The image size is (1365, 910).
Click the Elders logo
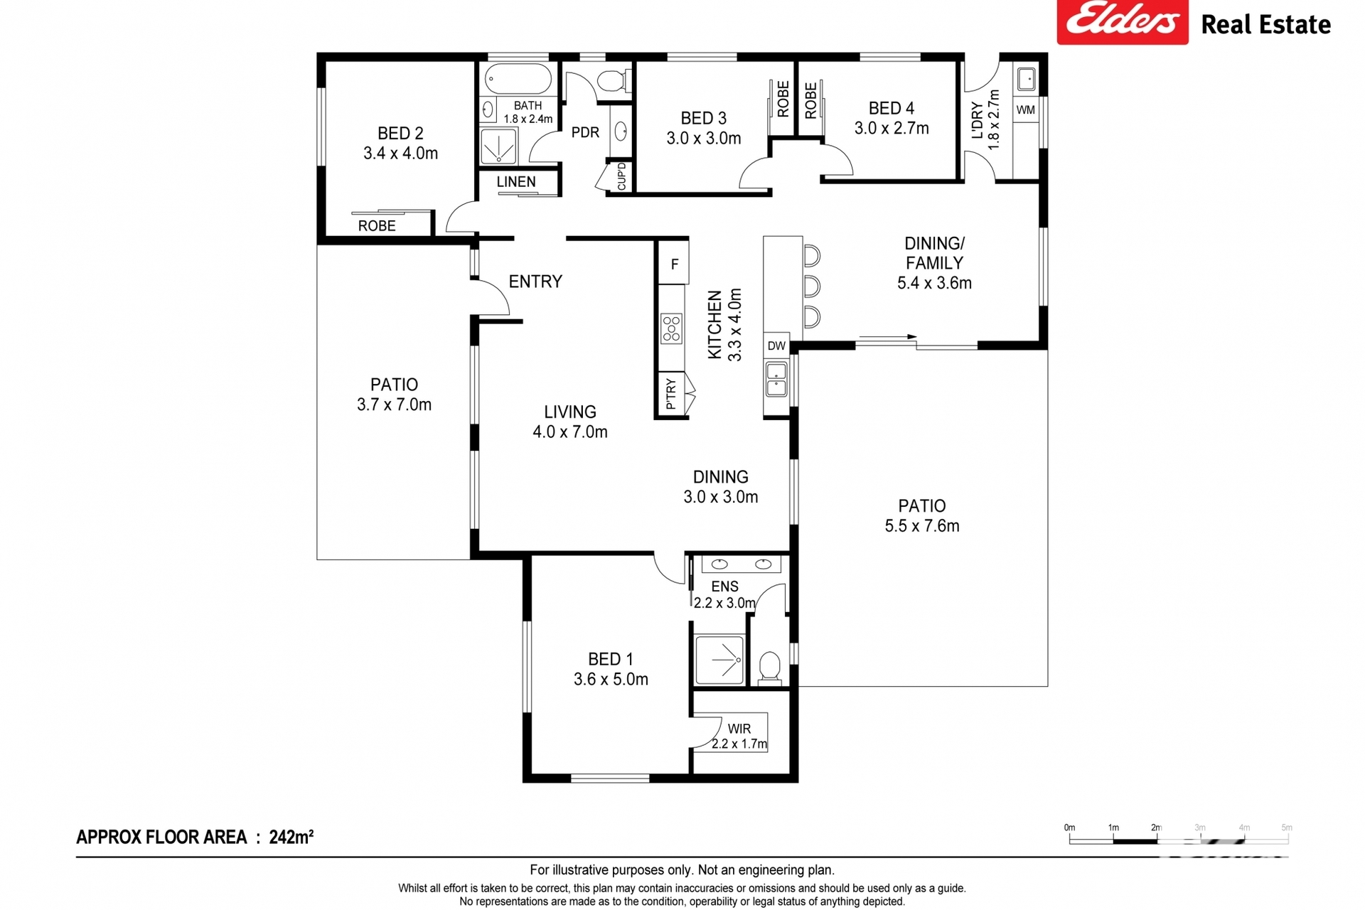click(1122, 21)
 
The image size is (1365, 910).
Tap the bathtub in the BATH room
click(518, 80)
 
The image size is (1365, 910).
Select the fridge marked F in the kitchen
click(674, 264)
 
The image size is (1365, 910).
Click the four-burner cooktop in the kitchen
click(671, 328)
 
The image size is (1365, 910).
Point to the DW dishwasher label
click(776, 346)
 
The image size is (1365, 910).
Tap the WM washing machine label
click(1025, 109)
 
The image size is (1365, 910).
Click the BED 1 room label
click(610, 659)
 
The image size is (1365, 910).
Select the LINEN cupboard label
click(516, 182)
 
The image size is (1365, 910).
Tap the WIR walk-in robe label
click(739, 729)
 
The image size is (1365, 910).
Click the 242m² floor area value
click(291, 837)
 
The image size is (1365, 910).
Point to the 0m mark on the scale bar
click(1069, 828)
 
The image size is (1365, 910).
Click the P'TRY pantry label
click(670, 394)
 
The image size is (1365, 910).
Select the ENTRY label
click(535, 282)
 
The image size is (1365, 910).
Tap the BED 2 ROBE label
click(377, 226)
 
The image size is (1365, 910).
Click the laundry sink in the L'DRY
click(1026, 79)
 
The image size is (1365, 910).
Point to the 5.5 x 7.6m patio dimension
click(922, 526)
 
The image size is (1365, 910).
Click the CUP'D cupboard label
click(621, 176)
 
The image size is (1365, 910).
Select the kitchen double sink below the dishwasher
click(776, 379)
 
